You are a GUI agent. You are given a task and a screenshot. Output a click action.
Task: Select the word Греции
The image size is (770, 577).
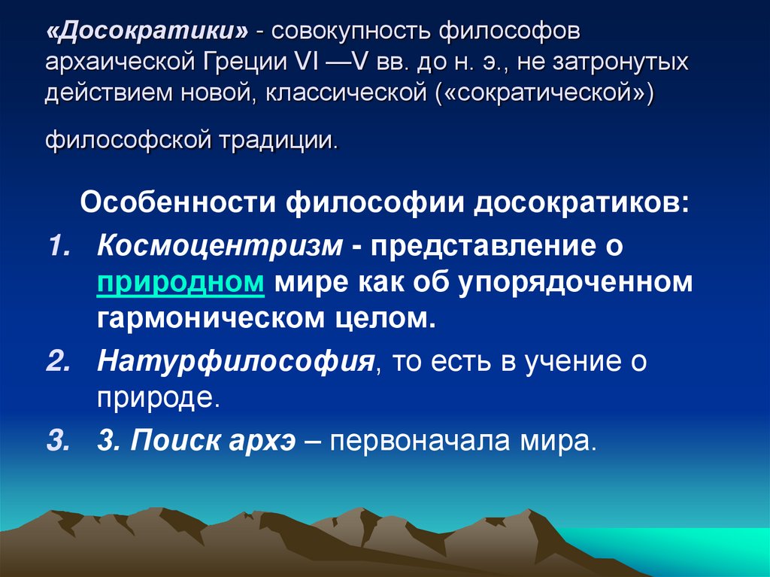coord(240,62)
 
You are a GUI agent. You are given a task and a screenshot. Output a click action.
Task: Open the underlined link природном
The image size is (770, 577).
coord(180,282)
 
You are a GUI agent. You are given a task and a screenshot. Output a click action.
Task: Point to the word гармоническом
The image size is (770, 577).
coord(205,319)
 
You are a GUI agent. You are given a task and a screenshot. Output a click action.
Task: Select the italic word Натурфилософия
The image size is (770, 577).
coord(235,361)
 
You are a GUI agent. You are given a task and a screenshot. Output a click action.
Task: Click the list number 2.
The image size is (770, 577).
coord(58,361)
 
